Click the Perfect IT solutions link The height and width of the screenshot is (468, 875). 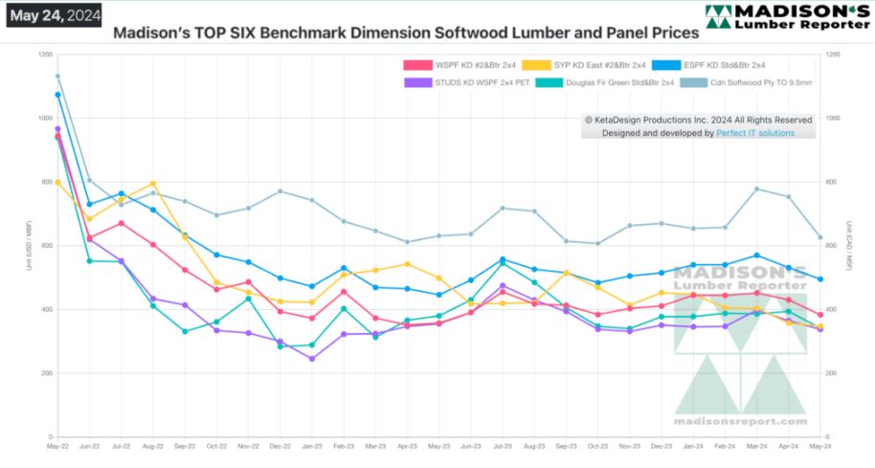coord(755,133)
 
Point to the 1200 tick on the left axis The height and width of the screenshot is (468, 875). coord(42,55)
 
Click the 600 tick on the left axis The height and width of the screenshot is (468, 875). coord(44,246)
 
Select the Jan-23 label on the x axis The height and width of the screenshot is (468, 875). coord(311,447)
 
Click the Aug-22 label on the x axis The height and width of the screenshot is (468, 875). coord(152,447)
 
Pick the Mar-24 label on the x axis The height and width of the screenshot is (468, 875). coord(756,447)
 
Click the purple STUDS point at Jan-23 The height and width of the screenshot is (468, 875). coord(311,359)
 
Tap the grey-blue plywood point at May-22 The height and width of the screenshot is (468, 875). coord(57,76)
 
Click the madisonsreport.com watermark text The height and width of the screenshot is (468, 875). coord(740,420)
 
